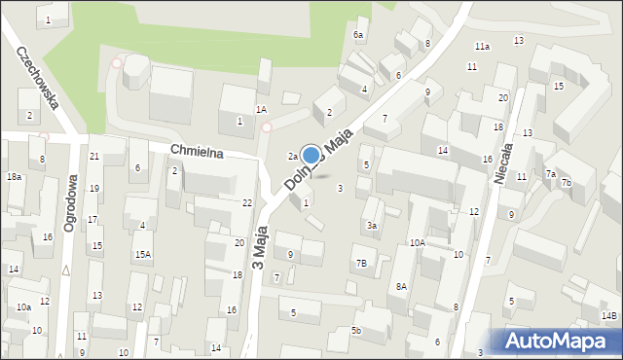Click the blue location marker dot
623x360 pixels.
311,155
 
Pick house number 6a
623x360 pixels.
358,35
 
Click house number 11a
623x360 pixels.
482,46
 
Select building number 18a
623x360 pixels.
14,177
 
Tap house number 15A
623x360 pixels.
143,255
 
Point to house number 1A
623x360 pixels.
261,110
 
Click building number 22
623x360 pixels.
247,202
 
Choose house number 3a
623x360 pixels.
371,226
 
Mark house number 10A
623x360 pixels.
417,243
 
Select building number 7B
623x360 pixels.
361,263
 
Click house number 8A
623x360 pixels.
401,286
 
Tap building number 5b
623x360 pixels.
356,331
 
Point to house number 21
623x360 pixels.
94,157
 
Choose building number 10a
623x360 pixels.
23,307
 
